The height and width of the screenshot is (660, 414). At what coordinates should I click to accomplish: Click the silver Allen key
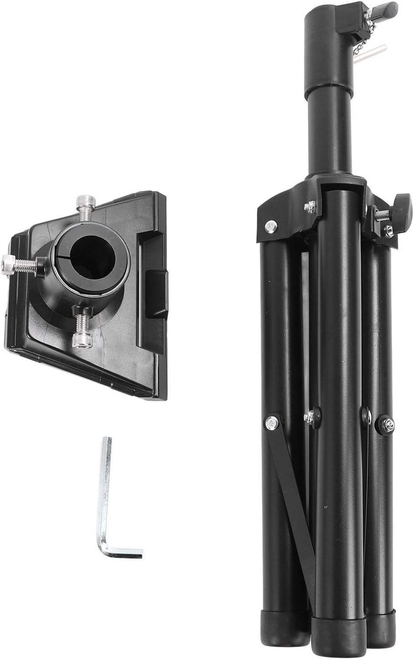(x=107, y=491)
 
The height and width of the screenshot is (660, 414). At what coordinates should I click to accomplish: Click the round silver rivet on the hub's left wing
(x=271, y=224)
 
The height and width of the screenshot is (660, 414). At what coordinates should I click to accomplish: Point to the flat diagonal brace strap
(x=291, y=500)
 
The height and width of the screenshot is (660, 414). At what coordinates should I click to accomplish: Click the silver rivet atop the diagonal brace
(x=271, y=422)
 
